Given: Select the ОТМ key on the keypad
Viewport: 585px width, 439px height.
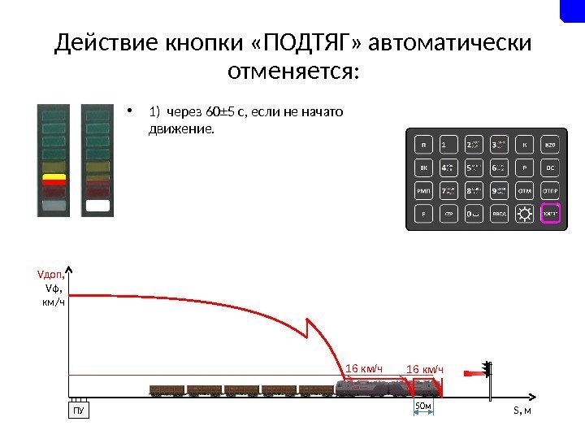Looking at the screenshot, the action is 526,192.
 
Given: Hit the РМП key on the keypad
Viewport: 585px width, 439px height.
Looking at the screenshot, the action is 423,192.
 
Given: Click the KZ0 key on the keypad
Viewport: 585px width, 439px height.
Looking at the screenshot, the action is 550,146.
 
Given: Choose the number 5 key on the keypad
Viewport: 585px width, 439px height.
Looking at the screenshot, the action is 474,168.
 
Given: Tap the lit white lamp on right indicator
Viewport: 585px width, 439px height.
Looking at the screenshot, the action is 97,205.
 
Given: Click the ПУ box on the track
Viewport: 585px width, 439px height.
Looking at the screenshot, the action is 79,410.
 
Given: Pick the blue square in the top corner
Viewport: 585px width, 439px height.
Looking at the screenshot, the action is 572,11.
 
